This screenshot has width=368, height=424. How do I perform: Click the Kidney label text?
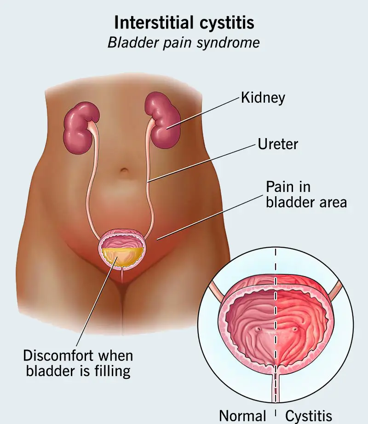(263, 98)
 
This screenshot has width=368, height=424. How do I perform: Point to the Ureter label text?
(278, 144)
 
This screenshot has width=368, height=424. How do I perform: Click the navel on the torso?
(124, 172)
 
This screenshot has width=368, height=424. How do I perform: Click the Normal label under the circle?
(242, 416)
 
